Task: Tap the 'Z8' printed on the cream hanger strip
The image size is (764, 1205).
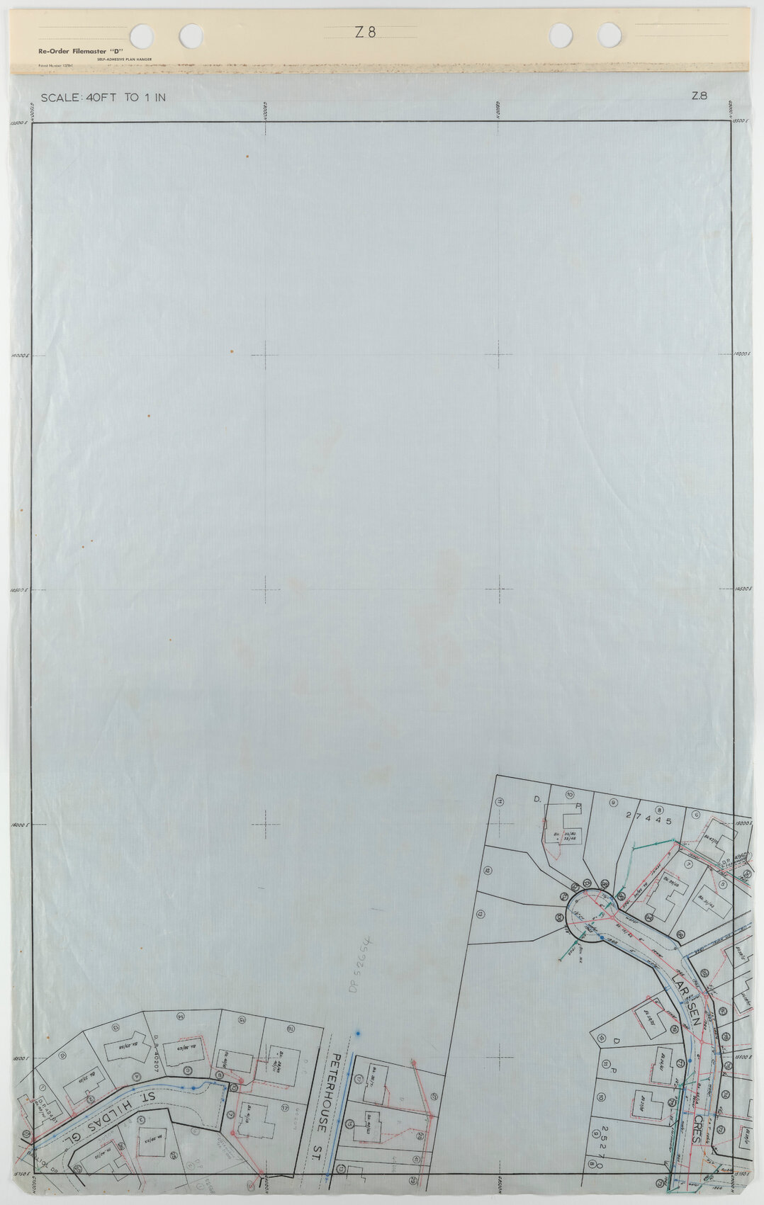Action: pos(365,32)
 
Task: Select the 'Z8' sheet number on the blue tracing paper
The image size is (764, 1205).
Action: pos(699,97)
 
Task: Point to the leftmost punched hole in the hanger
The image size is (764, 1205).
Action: pos(141,34)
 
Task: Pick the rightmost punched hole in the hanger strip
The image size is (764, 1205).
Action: pos(609,34)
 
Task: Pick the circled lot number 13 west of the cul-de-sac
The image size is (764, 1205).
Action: pos(480,914)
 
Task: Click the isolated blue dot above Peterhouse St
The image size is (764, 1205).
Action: pos(359,1034)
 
